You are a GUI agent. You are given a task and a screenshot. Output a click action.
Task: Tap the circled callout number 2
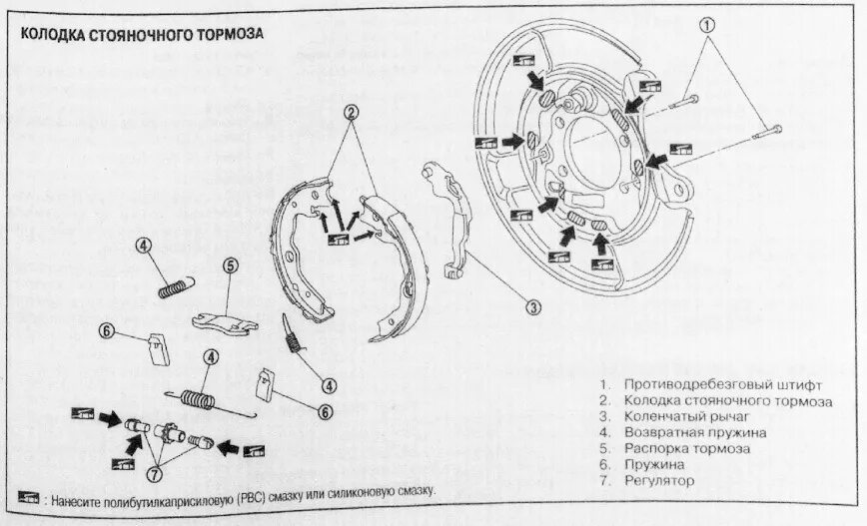[x=351, y=114]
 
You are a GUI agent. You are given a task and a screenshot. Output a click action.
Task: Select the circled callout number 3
[x=533, y=307]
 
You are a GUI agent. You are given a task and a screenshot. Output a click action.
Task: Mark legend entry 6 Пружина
[x=654, y=465]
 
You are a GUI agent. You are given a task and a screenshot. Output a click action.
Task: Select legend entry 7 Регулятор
[x=659, y=481]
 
